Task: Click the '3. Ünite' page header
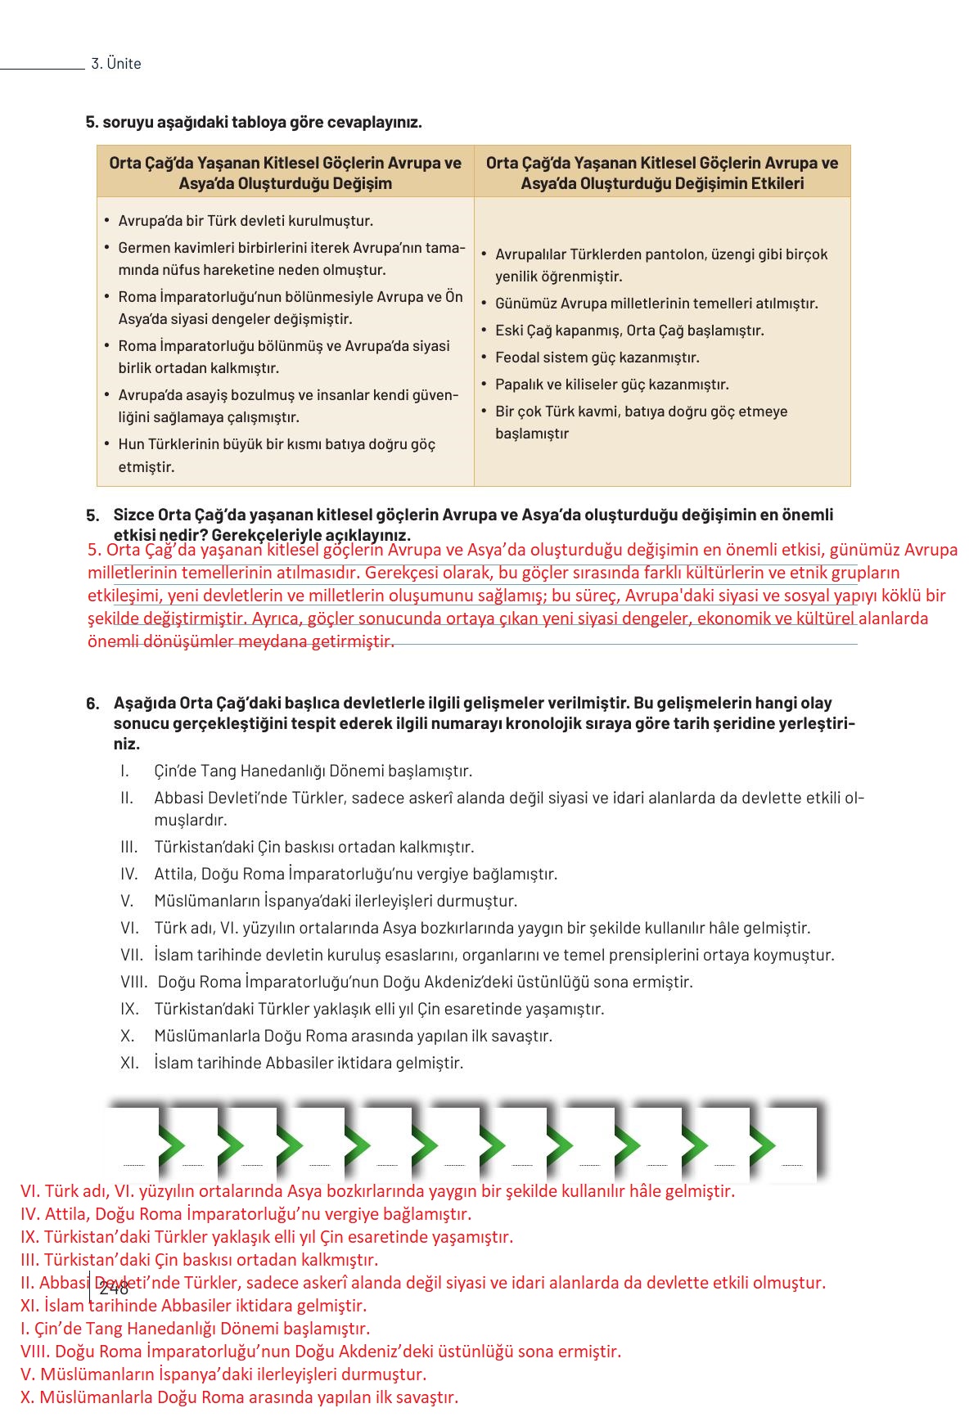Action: (115, 64)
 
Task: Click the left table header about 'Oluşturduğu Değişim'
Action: (285, 173)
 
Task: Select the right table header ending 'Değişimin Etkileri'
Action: (662, 173)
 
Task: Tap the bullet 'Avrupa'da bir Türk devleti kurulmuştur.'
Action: (246, 221)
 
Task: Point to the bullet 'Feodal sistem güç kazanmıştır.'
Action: (597, 358)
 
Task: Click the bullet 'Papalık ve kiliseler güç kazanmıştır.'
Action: (611, 385)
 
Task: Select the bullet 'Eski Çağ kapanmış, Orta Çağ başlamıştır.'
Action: (629, 331)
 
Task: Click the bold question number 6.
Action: (92, 704)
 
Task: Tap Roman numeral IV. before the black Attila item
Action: (129, 874)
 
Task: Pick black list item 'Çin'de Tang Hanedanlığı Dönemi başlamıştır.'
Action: (313, 771)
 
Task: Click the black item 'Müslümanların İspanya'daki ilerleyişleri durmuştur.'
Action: (336, 901)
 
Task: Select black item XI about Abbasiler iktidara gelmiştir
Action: (308, 1063)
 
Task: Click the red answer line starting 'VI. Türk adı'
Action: (377, 1191)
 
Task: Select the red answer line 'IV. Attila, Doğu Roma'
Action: (246, 1214)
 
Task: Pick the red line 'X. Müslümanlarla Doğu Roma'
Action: (239, 1397)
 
